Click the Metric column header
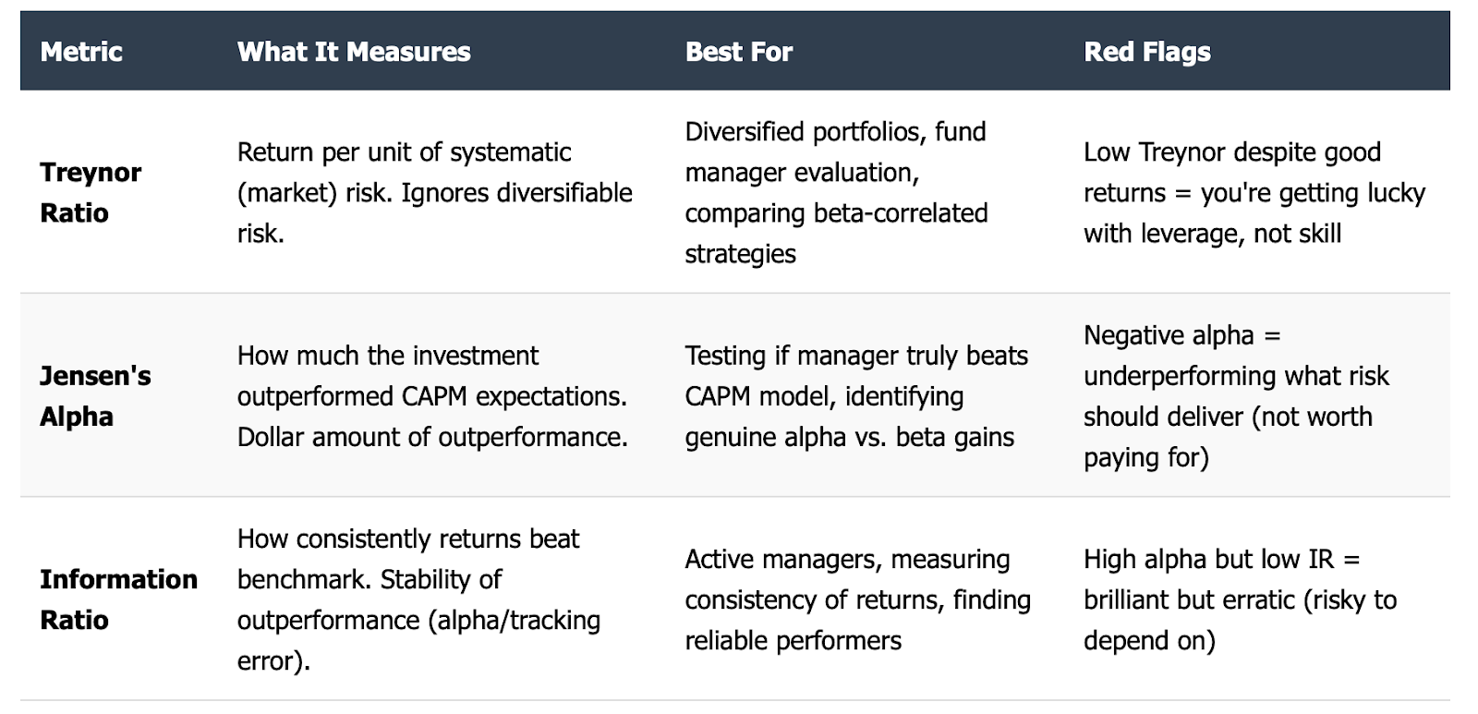[81, 52]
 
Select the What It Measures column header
[354, 52]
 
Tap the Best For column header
[738, 52]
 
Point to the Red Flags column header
[1147, 52]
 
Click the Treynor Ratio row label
[91, 193]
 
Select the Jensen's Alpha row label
[96, 396]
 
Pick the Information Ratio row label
[119, 599]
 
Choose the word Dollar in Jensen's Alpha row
[271, 437]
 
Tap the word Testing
[726, 357]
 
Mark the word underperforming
[1174, 377]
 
